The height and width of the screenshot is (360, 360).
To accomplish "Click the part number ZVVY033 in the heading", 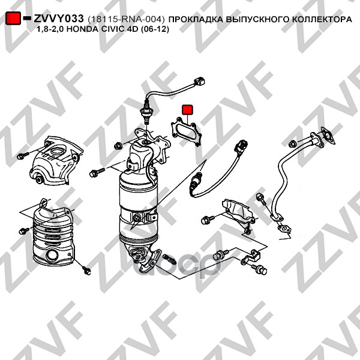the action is point(59,19).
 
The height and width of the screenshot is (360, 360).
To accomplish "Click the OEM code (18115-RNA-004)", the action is point(126,19).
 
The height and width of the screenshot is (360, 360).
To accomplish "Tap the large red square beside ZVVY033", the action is point(13,18).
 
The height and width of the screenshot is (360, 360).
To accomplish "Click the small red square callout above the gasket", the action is point(188,110).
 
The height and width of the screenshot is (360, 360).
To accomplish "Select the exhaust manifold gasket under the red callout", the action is point(186,131).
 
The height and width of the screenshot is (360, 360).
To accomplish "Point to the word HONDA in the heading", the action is point(80,29).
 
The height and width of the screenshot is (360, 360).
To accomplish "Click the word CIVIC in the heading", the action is point(109,29).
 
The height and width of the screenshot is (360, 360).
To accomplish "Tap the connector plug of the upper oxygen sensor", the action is point(199,82).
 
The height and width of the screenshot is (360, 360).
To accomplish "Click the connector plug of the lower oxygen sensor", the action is point(240,146).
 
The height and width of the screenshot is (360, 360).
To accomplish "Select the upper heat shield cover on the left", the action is point(56,160).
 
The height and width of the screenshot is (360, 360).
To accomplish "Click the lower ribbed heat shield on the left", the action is point(53,232).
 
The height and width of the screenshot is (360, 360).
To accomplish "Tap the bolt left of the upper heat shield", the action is point(23,155).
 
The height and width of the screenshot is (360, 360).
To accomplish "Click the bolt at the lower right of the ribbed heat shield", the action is point(86,271).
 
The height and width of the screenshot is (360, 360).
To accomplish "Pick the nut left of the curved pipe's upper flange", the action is point(292,144).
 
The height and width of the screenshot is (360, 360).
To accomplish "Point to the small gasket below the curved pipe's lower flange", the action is point(284,229).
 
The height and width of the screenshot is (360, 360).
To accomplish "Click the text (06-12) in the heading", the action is point(155,29).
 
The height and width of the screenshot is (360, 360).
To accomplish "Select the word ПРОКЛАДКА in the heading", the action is point(196,20).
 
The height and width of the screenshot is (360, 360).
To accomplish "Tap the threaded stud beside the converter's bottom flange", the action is point(170,259).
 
